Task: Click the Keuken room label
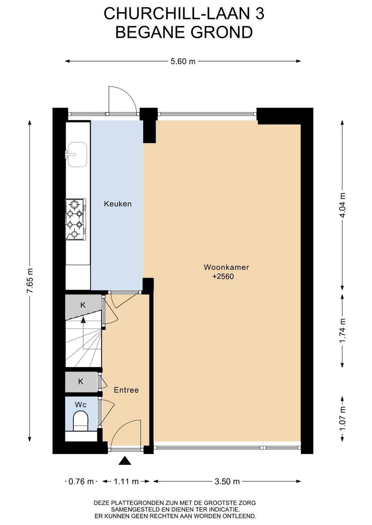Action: [x=117, y=204]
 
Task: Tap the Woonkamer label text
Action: [x=226, y=267]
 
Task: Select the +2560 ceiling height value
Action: [x=223, y=277]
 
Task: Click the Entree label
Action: [x=126, y=390]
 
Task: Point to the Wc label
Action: [x=81, y=405]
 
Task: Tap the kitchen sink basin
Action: [x=77, y=154]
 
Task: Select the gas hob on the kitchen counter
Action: [x=75, y=219]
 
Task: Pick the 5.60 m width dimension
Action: [x=183, y=61]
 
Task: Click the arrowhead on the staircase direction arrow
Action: [x=83, y=320]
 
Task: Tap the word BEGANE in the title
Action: [x=150, y=32]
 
